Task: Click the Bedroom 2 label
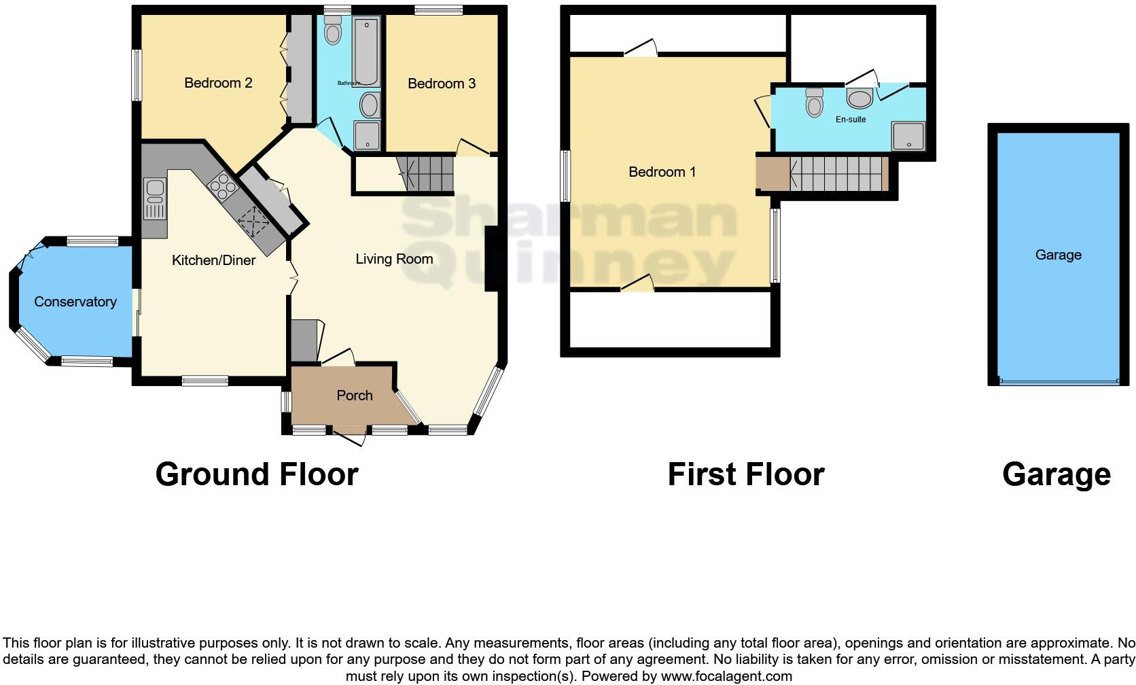pyautogui.click(x=218, y=83)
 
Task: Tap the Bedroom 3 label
pyautogui.click(x=441, y=84)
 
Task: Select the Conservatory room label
pyautogui.click(x=75, y=302)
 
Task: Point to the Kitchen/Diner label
pyautogui.click(x=213, y=260)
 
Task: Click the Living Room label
pyautogui.click(x=394, y=259)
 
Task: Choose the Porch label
pyautogui.click(x=354, y=396)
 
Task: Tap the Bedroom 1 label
pyautogui.click(x=662, y=172)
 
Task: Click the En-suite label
pyautogui.click(x=851, y=120)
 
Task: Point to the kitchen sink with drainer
pyautogui.click(x=155, y=198)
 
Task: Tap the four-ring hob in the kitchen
pyautogui.click(x=223, y=185)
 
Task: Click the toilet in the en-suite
pyautogui.click(x=814, y=103)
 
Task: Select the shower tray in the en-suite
pyautogui.click(x=908, y=136)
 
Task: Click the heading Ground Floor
pyautogui.click(x=257, y=474)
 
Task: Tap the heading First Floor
pyautogui.click(x=745, y=474)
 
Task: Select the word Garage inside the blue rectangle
pyautogui.click(x=1058, y=255)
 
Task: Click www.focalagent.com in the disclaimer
pyautogui.click(x=726, y=676)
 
